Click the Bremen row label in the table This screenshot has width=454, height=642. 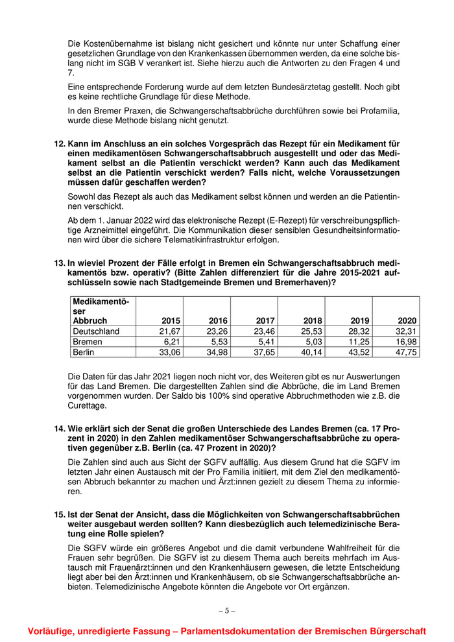click(88, 341)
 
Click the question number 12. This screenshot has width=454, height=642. click(59, 143)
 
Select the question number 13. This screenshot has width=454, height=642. click(59, 263)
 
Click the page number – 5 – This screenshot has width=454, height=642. click(226, 610)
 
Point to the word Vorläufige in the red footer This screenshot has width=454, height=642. click(51, 631)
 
